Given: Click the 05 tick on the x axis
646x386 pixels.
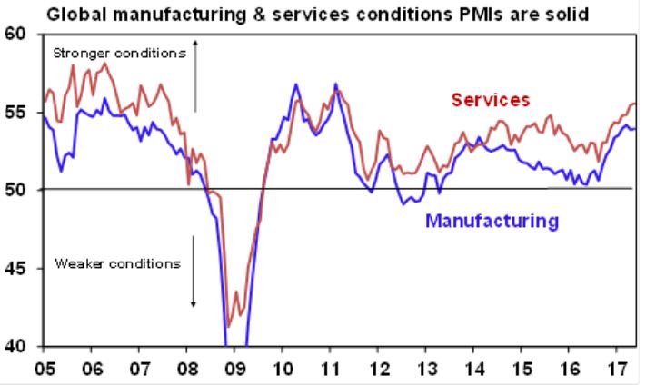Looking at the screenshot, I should (x=43, y=371).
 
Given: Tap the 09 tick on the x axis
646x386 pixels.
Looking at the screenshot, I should (x=234, y=371).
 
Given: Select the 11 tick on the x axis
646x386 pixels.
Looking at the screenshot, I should (x=330, y=371).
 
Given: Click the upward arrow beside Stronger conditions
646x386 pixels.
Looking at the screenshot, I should (x=194, y=77).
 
